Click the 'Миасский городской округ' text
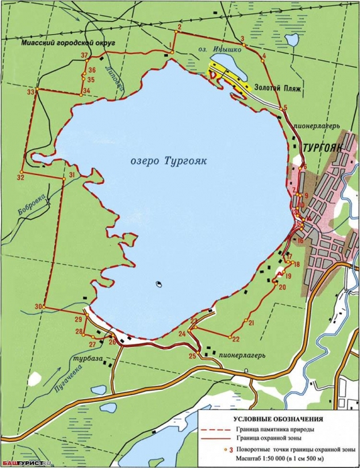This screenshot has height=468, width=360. (78, 42)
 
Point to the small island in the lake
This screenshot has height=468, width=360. (159, 284)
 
